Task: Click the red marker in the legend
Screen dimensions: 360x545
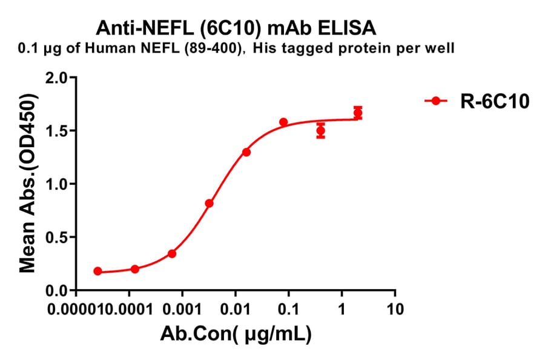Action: (435, 102)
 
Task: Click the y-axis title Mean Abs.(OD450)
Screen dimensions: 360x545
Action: (27, 184)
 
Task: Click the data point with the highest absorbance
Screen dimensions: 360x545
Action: (358, 113)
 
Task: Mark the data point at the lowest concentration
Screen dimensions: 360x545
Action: (98, 271)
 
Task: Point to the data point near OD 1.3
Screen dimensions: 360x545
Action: (246, 152)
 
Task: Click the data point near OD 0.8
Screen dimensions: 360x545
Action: (209, 204)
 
